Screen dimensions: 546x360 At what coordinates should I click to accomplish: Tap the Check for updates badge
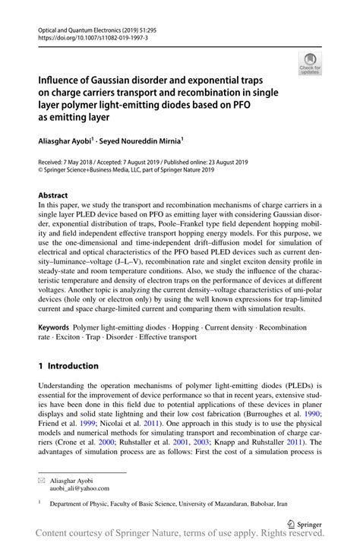click(310, 65)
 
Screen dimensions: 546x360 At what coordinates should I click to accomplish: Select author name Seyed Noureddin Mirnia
click(144, 140)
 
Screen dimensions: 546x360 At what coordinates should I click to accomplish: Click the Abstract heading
click(54, 194)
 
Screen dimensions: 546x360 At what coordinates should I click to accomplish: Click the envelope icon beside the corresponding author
click(43, 481)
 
